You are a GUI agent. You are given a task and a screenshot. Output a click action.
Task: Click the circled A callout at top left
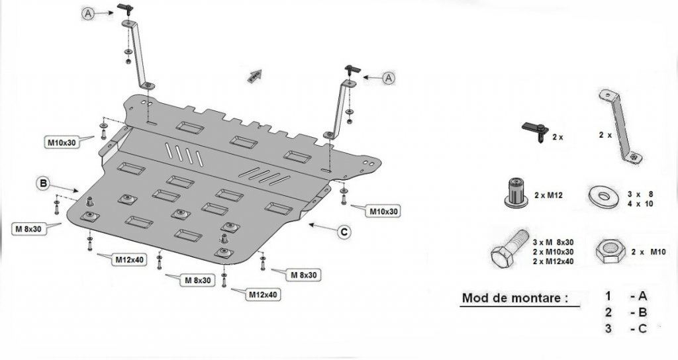(89, 13)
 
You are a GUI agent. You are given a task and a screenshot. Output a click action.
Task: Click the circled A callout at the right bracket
(389, 77)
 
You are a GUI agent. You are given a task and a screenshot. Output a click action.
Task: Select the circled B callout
(43, 183)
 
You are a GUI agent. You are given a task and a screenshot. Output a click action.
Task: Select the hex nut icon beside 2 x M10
(608, 252)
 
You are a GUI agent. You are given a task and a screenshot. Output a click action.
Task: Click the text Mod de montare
(514, 298)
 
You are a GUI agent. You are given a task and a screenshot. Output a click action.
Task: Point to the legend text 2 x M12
(550, 195)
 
